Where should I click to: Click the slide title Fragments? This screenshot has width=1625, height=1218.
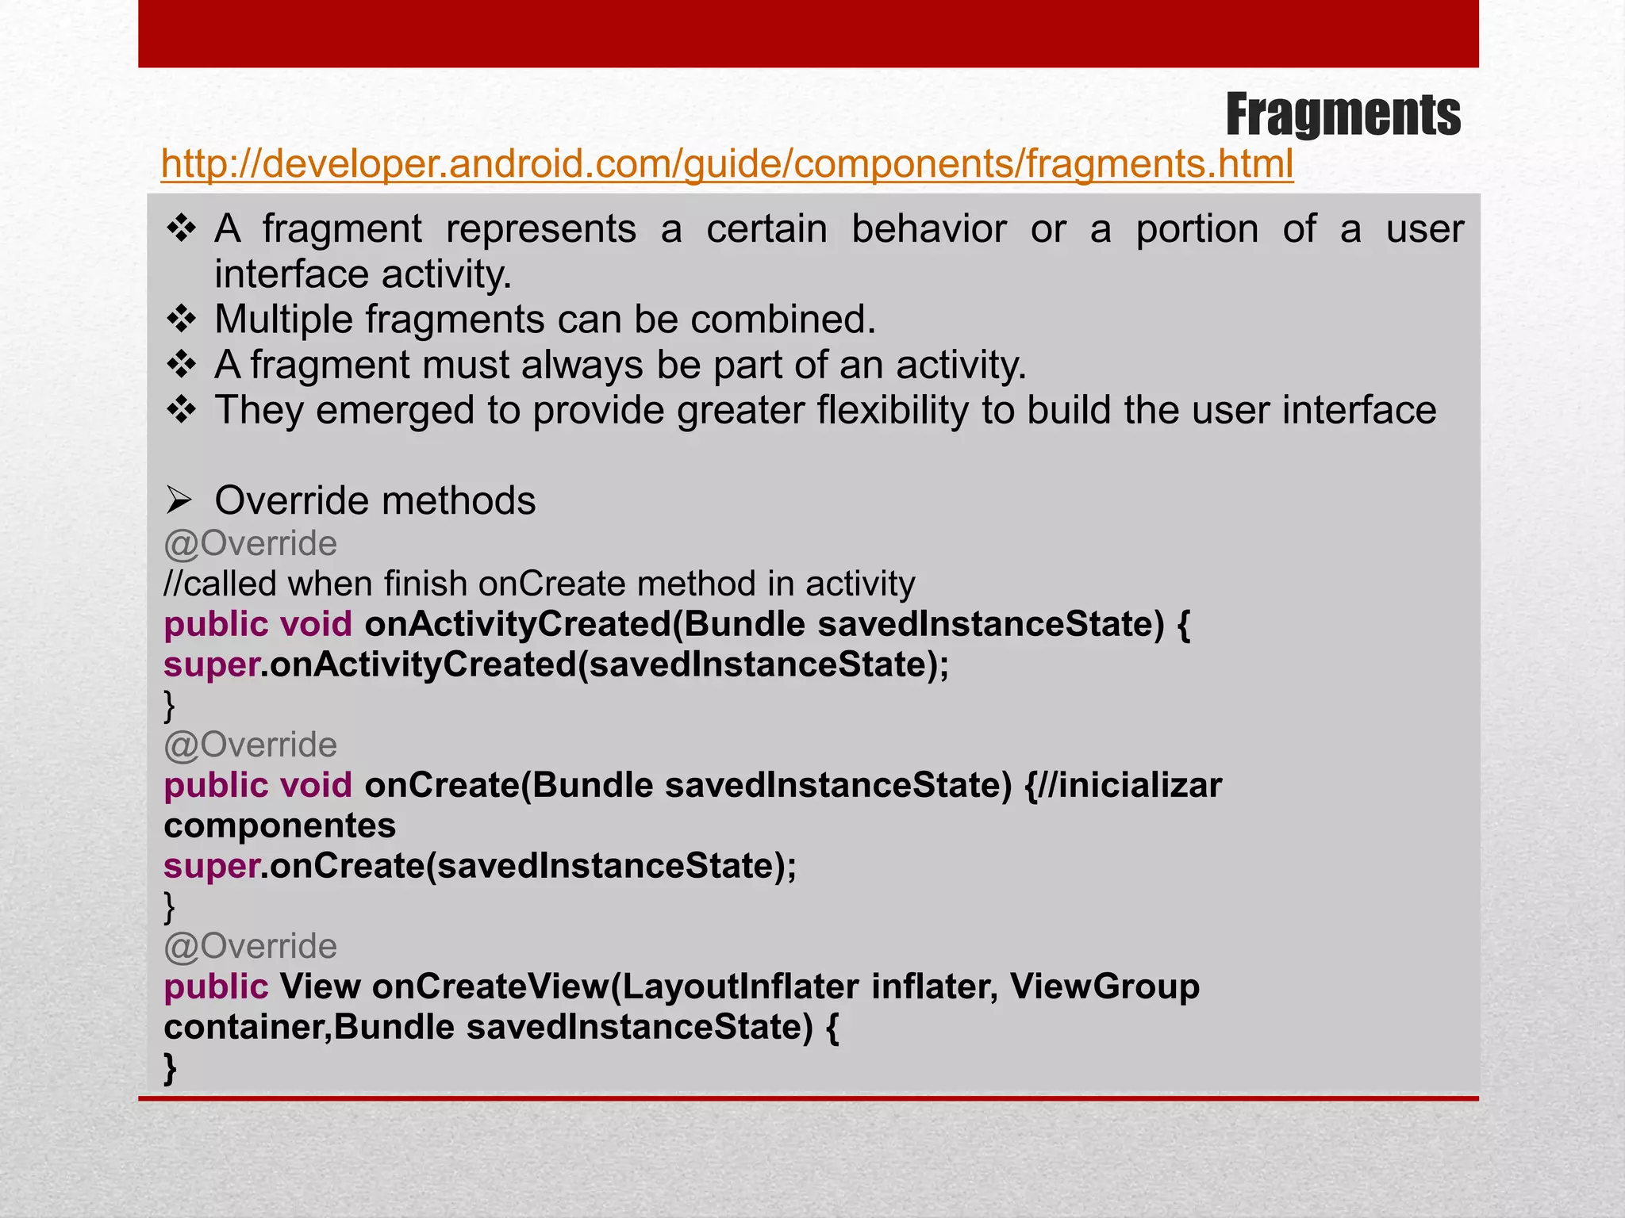[x=1343, y=115]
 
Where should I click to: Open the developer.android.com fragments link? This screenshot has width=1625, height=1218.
[x=727, y=164]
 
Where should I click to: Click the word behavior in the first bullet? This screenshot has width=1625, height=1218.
[x=928, y=229]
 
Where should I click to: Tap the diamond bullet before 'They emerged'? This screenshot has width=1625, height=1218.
[x=182, y=410]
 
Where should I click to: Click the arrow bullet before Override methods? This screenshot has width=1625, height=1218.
[x=179, y=500]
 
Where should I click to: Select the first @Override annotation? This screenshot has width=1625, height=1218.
[x=250, y=544]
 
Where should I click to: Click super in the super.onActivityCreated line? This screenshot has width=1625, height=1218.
[x=211, y=665]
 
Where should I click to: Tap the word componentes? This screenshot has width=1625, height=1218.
[x=279, y=825]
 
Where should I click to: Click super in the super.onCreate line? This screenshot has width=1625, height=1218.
[x=211, y=866]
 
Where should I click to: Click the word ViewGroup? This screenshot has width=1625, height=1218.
[x=1104, y=986]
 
